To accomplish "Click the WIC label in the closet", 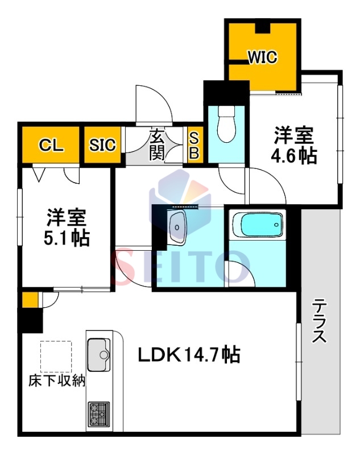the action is pyautogui.click(x=263, y=57).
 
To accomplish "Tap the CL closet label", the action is pyautogui.click(x=51, y=144).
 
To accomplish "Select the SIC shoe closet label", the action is pyautogui.click(x=102, y=144).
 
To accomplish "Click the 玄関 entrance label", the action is pyautogui.click(x=156, y=145).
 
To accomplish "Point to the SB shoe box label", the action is pyautogui.click(x=194, y=145).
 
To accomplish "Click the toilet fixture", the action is pyautogui.click(x=226, y=124).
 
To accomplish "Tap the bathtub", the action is pyautogui.click(x=258, y=225).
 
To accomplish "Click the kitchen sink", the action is pyautogui.click(x=99, y=354).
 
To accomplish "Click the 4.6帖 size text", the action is pyautogui.click(x=294, y=156).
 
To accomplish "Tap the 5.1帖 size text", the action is pyautogui.click(x=67, y=238).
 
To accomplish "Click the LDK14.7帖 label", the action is pyautogui.click(x=189, y=354).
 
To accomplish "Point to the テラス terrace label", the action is pyautogui.click(x=320, y=321).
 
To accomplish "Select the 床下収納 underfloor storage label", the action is pyautogui.click(x=57, y=380).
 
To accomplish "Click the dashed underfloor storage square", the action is pyautogui.click(x=56, y=357).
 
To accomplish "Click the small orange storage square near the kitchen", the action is pyautogui.click(x=30, y=300).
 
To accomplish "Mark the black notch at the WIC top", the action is pyautogui.click(x=263, y=27).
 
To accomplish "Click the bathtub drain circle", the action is pyautogui.click(x=276, y=225).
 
